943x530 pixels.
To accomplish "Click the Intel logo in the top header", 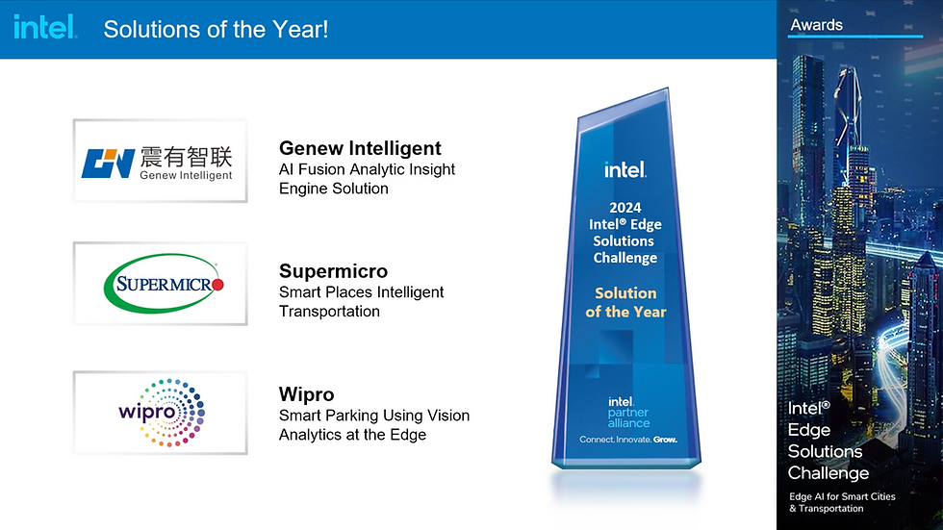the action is tap(46, 28).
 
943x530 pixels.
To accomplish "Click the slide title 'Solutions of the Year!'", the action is tap(216, 29).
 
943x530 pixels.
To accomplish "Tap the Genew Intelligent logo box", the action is tap(160, 161).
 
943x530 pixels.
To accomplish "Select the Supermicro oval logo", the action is tap(164, 284).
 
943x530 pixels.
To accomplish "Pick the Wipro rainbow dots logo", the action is tap(163, 413).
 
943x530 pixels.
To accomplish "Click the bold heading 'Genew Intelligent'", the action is tap(360, 148).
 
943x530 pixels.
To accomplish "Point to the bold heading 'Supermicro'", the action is tap(333, 271).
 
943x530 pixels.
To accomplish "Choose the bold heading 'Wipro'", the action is tap(306, 394).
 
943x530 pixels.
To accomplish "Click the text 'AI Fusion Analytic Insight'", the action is tap(367, 169).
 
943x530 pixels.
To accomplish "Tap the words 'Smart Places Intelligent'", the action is tap(361, 292).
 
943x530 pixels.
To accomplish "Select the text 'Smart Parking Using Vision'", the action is tap(374, 416).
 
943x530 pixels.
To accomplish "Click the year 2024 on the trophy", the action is tap(625, 208).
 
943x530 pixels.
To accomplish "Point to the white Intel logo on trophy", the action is tap(625, 169).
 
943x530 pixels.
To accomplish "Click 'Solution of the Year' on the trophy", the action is tap(625, 302).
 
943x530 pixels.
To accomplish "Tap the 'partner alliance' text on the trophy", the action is tap(628, 417).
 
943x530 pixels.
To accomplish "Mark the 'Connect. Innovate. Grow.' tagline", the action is tap(628, 440).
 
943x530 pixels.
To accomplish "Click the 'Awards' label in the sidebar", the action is tap(816, 25).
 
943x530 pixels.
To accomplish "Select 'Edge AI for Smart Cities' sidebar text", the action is tap(842, 496).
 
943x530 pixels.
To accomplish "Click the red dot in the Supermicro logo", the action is tap(217, 284).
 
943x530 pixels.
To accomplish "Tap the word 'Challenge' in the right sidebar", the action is tap(828, 473).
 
